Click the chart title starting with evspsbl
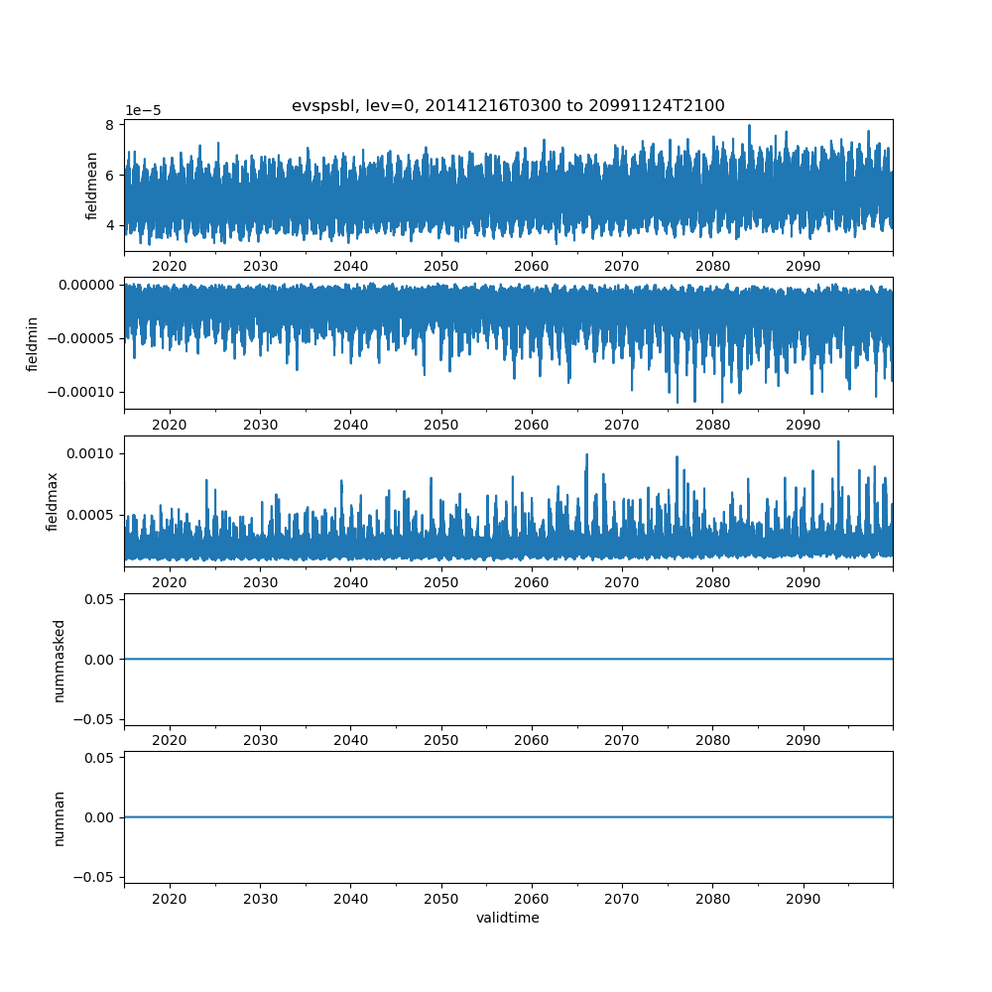click(508, 105)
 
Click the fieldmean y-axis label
click(92, 186)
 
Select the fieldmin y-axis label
click(32, 343)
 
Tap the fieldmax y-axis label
click(53, 502)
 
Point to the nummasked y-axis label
click(59, 660)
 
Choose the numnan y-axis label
click(59, 817)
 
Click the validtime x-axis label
click(508, 918)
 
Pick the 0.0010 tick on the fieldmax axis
click(91, 453)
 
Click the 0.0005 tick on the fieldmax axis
click(91, 515)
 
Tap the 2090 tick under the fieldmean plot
click(803, 267)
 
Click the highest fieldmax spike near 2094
click(838, 441)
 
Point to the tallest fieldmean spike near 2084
click(749, 126)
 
